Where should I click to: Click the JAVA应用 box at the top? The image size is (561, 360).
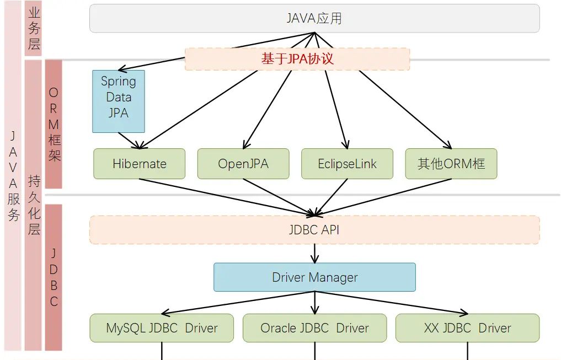tap(314, 18)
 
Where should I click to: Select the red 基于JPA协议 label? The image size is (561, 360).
tap(297, 59)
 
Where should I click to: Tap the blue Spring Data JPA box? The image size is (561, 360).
tap(119, 101)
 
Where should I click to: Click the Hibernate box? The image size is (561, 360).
tap(140, 164)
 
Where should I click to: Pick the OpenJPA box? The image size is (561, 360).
tap(243, 164)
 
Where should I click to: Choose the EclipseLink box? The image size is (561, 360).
tap(348, 164)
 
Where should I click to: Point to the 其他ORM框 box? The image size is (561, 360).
tap(451, 164)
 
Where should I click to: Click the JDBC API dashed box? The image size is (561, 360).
tap(314, 230)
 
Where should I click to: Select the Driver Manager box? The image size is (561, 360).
tap(314, 277)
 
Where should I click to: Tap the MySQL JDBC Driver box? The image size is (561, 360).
tap(162, 328)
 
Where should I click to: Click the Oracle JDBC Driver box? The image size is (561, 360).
tap(314, 328)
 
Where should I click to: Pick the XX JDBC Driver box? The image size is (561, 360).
tap(467, 328)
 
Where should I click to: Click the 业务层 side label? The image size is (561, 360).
tap(34, 29)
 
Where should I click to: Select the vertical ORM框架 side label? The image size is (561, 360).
tap(54, 125)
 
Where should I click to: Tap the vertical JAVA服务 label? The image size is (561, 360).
tap(13, 176)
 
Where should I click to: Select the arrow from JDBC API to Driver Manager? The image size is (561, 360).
tap(315, 253)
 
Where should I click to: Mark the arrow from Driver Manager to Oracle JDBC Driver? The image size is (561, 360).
tap(315, 303)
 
